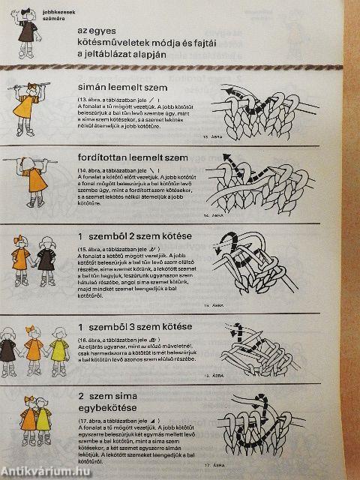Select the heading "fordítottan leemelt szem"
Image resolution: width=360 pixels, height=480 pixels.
pyautogui.click(x=140, y=159)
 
